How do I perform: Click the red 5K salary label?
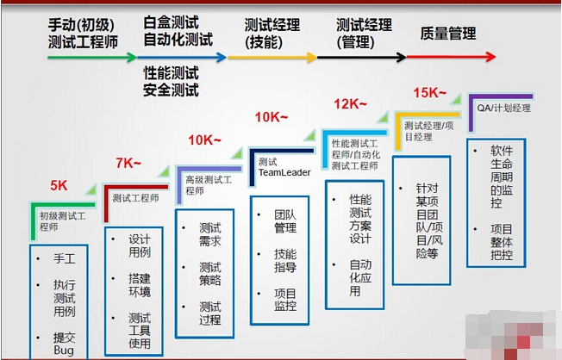59,185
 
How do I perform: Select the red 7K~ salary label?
128,162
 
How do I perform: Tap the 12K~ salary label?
350,104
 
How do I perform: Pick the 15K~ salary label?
428,92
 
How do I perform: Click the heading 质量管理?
447,34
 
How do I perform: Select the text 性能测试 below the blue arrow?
172,74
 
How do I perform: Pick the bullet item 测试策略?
209,274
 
